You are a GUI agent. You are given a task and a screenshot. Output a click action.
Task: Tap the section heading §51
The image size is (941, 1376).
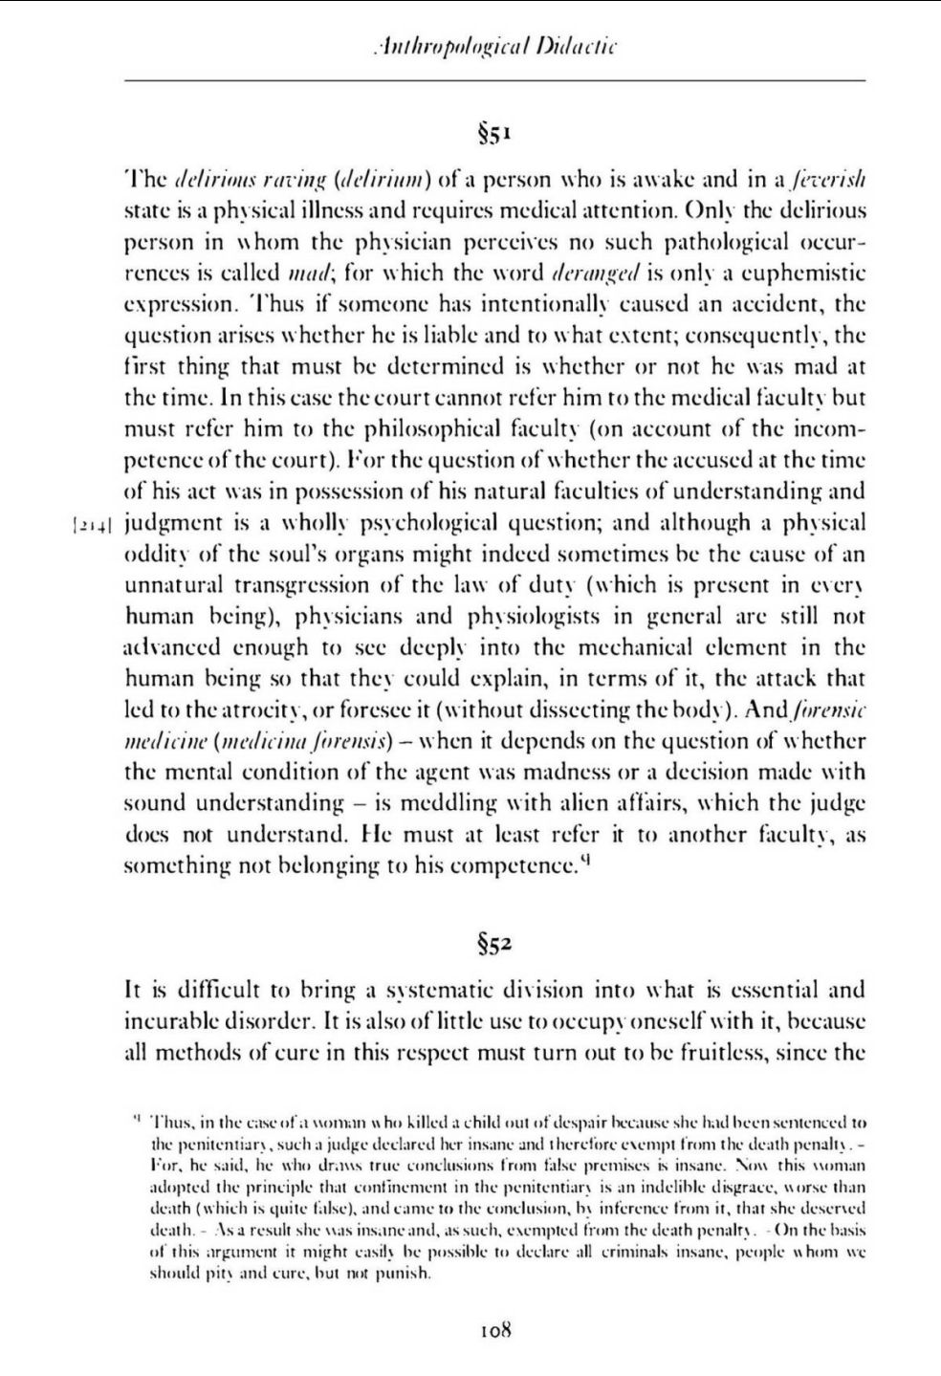pos(495,132)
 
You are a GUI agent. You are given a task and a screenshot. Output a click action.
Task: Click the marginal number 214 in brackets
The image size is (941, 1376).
pos(93,524)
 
